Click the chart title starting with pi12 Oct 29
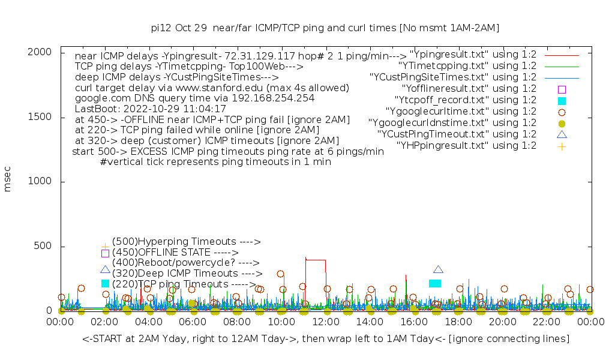325,28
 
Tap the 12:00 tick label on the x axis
325,322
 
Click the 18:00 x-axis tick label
458,322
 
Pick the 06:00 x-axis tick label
193,322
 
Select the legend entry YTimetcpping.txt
467,66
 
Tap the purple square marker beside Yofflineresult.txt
562,89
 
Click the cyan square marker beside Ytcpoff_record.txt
562,101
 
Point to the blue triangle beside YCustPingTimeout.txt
562,134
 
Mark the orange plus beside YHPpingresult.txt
562,146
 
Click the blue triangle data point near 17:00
438,270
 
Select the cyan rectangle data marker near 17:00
435,283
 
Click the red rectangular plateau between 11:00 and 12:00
316,260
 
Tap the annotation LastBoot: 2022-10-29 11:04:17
150,109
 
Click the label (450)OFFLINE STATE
175,253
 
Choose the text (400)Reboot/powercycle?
185,263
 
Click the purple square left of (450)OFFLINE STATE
105,253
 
